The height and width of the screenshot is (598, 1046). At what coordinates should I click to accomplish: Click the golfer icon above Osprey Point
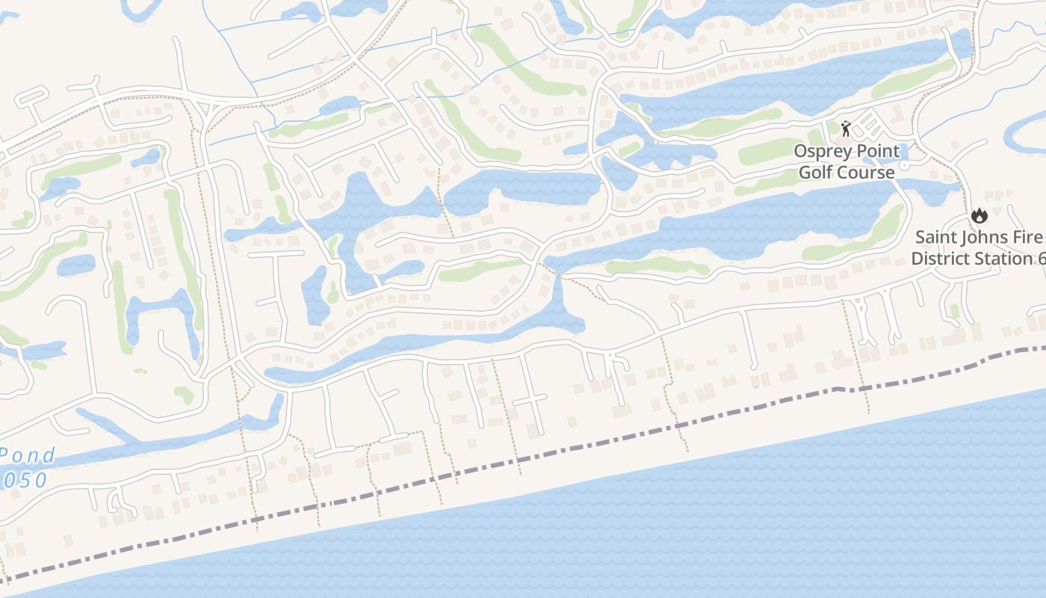point(846,129)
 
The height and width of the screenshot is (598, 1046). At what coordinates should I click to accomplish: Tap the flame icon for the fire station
point(979,216)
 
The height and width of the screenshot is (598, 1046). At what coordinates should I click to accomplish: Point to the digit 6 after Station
point(1041,259)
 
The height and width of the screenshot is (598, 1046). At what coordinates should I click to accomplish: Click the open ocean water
point(747,523)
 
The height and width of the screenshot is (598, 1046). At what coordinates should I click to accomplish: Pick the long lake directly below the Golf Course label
point(747,224)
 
